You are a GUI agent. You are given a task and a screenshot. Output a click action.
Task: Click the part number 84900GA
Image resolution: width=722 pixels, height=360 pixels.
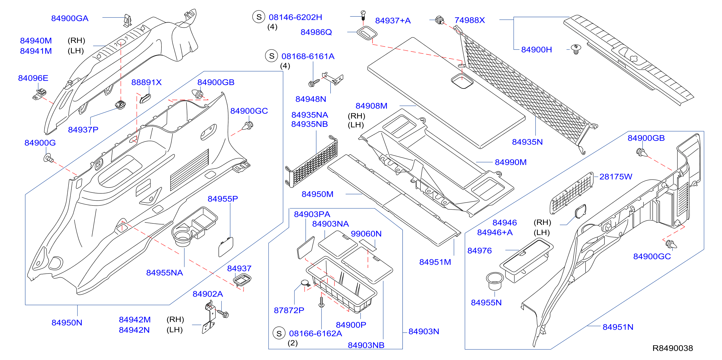pyautogui.click(x=70, y=18)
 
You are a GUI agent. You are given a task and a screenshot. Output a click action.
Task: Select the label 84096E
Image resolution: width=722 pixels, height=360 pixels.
pyautogui.click(x=33, y=78)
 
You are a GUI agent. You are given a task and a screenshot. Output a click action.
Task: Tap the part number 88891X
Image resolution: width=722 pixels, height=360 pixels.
pyautogui.click(x=146, y=82)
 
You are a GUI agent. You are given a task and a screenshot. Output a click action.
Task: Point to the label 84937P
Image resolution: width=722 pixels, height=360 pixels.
pyautogui.click(x=83, y=130)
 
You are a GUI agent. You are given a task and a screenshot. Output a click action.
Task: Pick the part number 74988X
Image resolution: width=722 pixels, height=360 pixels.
pyautogui.click(x=470, y=20)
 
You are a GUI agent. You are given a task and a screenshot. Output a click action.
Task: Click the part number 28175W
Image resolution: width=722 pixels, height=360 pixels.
pyautogui.click(x=616, y=177)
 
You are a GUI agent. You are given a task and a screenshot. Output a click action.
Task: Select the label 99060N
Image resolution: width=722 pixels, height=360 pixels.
pyautogui.click(x=366, y=234)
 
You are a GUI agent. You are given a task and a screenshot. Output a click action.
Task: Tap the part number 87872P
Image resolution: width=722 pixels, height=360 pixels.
pyautogui.click(x=289, y=310)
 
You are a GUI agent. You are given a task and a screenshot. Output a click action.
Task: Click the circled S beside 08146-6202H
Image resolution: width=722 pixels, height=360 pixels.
pyautogui.click(x=259, y=17)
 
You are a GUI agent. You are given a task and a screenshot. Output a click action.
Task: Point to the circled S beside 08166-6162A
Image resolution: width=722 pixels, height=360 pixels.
pyautogui.click(x=279, y=333)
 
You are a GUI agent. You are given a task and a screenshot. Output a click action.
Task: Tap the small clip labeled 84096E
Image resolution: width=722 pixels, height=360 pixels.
pyautogui.click(x=40, y=94)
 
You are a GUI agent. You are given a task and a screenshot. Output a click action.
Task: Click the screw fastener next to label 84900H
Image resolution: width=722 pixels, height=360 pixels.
pyautogui.click(x=576, y=49)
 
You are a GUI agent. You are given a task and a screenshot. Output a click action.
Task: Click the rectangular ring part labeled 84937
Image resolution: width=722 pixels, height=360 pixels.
pyautogui.click(x=242, y=280)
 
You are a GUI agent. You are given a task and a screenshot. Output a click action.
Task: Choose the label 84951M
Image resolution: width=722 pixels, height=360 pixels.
pyautogui.click(x=435, y=262)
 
